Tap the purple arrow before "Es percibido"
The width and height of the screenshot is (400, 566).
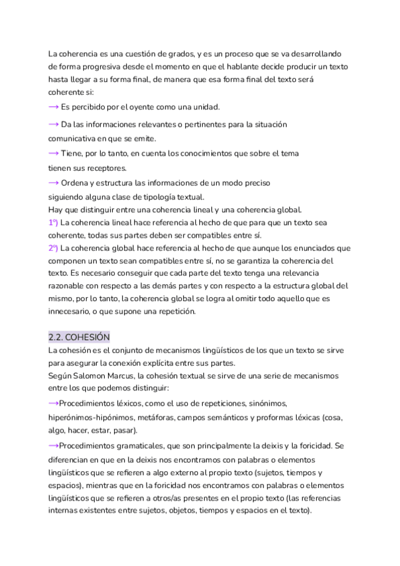pyautogui.click(x=53, y=107)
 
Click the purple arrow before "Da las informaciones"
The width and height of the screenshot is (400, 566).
pyautogui.click(x=53, y=124)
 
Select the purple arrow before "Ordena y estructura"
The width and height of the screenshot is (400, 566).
pyautogui.click(x=53, y=182)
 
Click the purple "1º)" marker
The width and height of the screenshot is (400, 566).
pyautogui.click(x=53, y=222)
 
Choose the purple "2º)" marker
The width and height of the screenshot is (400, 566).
pyautogui.click(x=53, y=248)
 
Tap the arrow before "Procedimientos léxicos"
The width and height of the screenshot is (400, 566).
pyautogui.click(x=53, y=404)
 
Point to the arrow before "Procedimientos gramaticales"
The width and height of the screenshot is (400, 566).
pyautogui.click(x=53, y=445)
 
